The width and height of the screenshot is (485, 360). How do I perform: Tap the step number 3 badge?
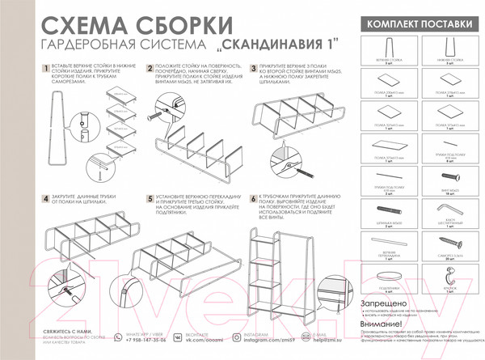coord(253,70)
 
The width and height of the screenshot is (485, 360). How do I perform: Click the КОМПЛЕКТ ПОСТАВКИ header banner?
coord(416,25)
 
